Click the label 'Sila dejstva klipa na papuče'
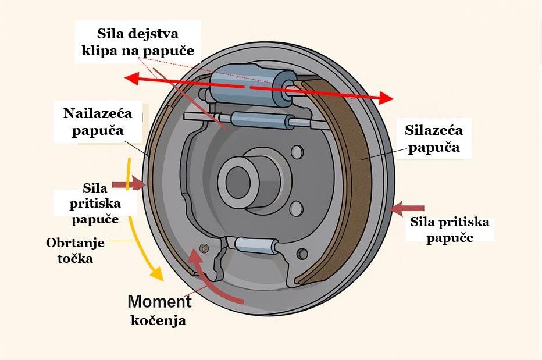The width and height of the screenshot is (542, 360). tap(138, 42)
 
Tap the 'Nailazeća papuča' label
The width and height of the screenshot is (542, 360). tap(98, 122)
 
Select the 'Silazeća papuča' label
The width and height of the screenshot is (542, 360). tap(434, 138)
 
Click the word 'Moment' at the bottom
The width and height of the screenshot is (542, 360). tap(159, 302)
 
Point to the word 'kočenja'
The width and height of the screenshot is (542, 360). tap(158, 320)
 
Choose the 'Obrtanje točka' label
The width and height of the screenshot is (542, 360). tap(76, 251)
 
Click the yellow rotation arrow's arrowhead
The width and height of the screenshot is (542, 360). tap(156, 273)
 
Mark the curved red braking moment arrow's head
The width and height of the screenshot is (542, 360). tap(194, 258)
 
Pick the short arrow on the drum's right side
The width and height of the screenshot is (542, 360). tap(406, 209)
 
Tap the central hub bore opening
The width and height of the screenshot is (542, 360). tap(238, 182)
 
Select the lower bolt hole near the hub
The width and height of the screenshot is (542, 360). tap(297, 209)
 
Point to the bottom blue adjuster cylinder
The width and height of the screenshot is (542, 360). tap(256, 244)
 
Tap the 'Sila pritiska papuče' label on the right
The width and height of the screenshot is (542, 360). tap(450, 230)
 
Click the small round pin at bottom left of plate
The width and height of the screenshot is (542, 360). tap(205, 248)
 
